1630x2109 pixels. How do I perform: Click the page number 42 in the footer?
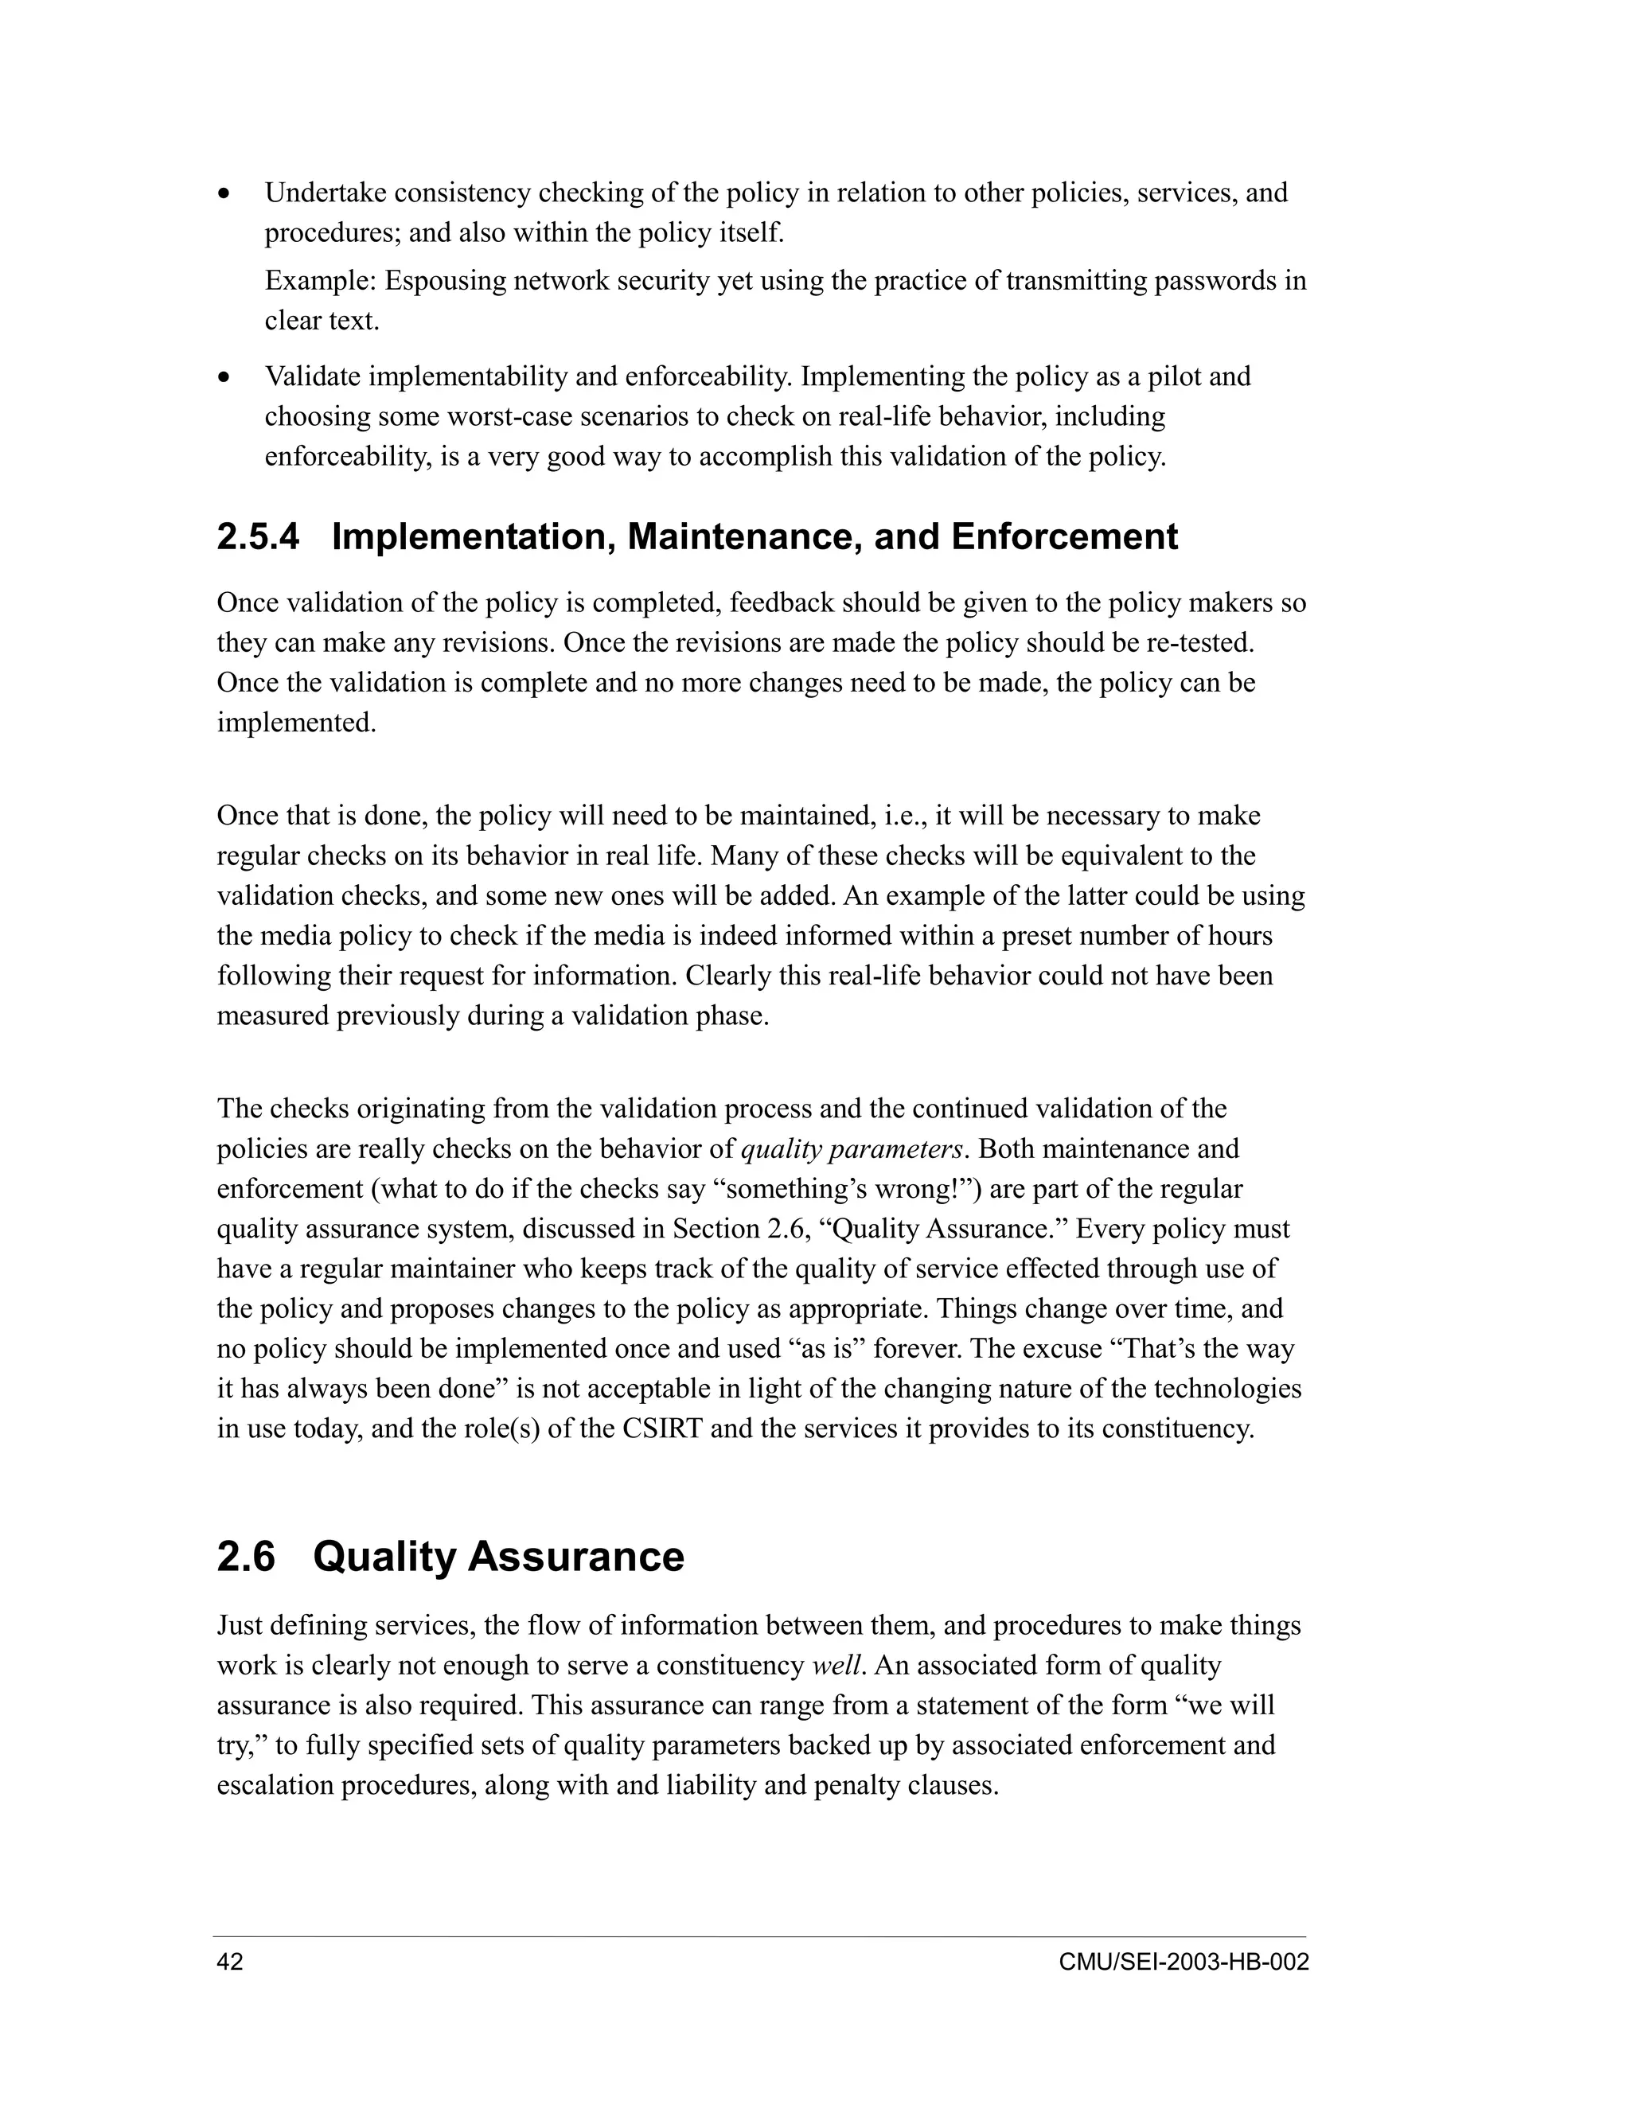pyautogui.click(x=230, y=1963)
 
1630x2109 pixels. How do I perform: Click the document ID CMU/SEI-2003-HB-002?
pyautogui.click(x=1183, y=1963)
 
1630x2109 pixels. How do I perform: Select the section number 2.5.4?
pyautogui.click(x=258, y=537)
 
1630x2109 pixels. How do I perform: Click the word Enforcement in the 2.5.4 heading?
pyautogui.click(x=1064, y=537)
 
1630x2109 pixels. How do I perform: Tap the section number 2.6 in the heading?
pyautogui.click(x=246, y=1557)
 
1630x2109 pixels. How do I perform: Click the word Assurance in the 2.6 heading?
pyautogui.click(x=575, y=1557)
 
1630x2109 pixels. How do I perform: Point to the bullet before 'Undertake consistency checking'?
pyautogui.click(x=225, y=194)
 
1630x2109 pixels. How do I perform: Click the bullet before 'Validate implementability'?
pyautogui.click(x=225, y=377)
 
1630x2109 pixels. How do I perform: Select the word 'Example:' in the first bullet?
pyautogui.click(x=321, y=281)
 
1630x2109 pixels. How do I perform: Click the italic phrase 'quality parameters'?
pyautogui.click(x=852, y=1149)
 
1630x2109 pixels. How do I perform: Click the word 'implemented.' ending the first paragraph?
pyautogui.click(x=296, y=723)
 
